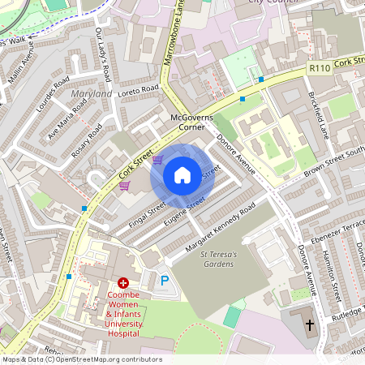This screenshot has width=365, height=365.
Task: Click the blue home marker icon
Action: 182,175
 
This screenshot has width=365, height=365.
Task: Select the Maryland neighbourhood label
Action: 92,95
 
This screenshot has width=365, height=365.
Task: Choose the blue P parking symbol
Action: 165,280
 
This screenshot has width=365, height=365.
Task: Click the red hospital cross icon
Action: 123,282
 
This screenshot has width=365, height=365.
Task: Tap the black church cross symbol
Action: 309,325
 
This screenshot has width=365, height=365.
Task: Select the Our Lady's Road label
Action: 102,54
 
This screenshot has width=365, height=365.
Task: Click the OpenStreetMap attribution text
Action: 82,359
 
